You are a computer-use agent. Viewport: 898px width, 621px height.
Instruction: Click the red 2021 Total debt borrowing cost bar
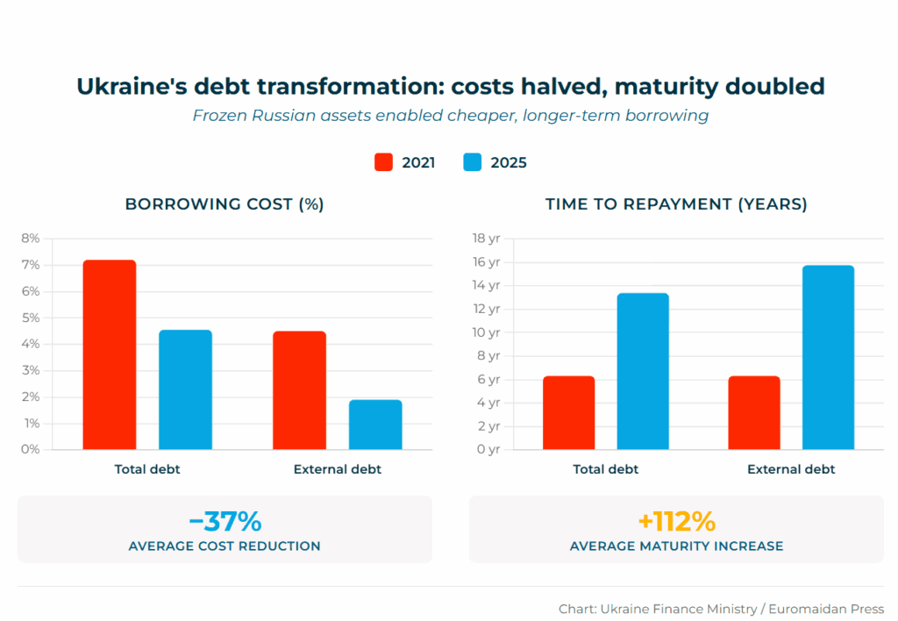[110, 354]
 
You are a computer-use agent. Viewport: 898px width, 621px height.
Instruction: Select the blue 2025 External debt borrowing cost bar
[375, 425]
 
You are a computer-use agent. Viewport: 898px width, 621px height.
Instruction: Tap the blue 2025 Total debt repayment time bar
[643, 371]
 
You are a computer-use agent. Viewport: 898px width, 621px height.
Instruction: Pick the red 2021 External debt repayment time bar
[753, 412]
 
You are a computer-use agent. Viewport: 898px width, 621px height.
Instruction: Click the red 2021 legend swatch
[383, 162]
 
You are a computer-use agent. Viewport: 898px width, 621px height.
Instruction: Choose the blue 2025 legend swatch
[473, 162]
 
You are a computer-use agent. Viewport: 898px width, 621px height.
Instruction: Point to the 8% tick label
[31, 239]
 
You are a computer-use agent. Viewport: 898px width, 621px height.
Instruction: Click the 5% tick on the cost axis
[31, 318]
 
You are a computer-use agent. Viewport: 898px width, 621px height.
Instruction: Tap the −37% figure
[224, 522]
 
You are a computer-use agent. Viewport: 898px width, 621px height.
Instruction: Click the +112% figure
[676, 522]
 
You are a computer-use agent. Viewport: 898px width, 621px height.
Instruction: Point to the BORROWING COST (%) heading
[224, 204]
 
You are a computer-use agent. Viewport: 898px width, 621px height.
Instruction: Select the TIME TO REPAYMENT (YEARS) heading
[676, 204]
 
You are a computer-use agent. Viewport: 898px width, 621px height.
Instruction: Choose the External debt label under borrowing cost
[338, 469]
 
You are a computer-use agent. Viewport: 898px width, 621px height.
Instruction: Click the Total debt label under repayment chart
[606, 469]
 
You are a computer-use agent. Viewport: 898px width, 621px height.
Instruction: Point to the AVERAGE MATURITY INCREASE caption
[676, 546]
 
